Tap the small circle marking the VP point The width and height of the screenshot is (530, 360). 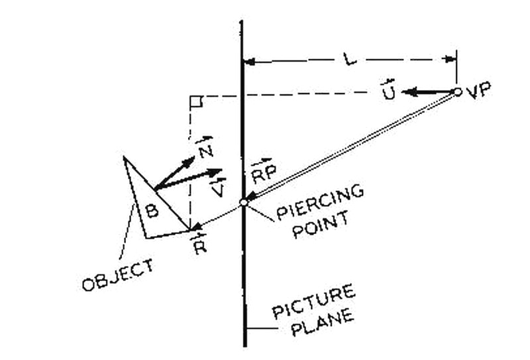coord(457,91)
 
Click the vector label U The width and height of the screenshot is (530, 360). coord(389,93)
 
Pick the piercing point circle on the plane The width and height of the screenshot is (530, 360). coord(244,202)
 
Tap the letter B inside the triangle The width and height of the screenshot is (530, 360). coord(152,211)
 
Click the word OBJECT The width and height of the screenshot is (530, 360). coord(117,274)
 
